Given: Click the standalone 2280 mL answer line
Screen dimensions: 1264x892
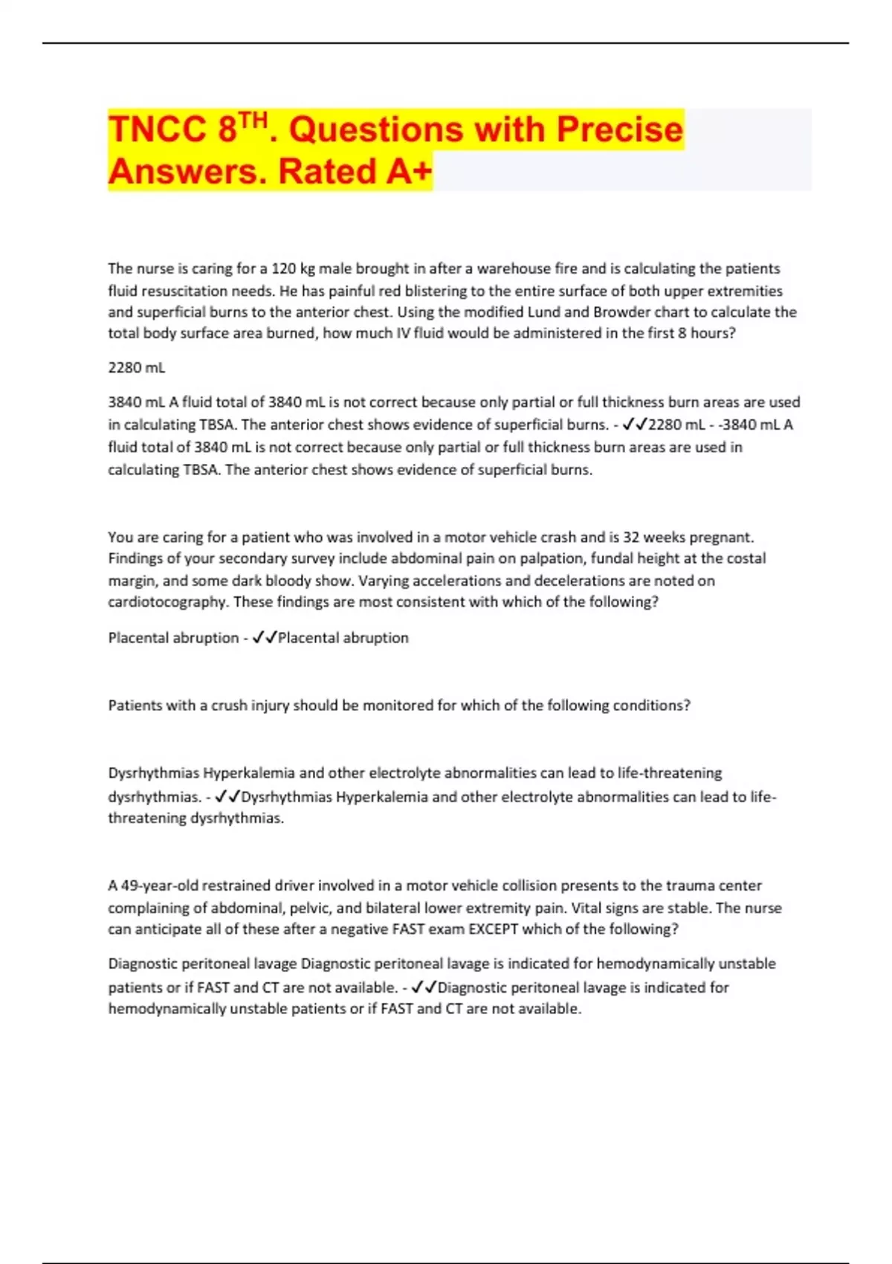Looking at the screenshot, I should [137, 367].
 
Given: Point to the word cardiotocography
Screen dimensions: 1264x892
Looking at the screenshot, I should [168, 602].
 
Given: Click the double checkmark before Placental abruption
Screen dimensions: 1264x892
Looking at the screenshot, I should [265, 637].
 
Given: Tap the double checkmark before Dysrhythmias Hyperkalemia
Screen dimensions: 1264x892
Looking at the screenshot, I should [227, 796].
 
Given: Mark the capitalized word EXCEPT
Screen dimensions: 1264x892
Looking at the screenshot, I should [493, 929].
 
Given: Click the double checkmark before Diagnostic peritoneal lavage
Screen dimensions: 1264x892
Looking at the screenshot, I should [424, 987].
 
